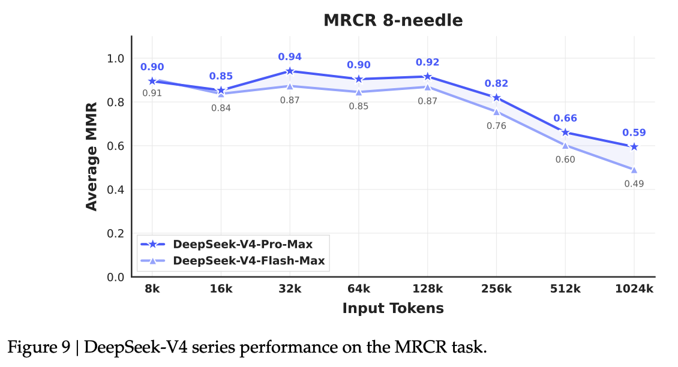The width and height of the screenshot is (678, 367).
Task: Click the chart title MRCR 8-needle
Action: coord(393,20)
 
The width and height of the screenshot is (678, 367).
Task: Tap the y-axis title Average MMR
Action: coord(91,162)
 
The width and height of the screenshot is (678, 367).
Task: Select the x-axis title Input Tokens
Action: coord(393,308)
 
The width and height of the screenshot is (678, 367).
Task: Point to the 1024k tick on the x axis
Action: coord(634,289)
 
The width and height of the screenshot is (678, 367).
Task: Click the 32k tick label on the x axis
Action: coord(290,289)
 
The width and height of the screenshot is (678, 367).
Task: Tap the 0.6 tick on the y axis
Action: coord(115,146)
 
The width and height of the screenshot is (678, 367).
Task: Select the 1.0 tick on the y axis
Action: coord(115,59)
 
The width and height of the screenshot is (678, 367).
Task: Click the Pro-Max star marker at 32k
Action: coord(290,71)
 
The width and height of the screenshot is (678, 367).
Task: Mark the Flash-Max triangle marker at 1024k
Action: coord(634,170)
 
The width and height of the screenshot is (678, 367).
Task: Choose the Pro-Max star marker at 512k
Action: coord(565,133)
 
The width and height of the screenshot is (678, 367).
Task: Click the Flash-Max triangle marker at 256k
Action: coord(496,111)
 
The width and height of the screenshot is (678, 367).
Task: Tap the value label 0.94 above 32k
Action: coord(290,57)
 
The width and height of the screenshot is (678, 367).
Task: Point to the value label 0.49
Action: coord(634,183)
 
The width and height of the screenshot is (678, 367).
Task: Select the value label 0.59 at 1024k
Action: coord(634,133)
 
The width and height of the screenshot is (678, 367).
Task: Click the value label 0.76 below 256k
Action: coord(496,126)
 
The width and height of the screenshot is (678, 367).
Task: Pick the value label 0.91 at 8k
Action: coord(152,93)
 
